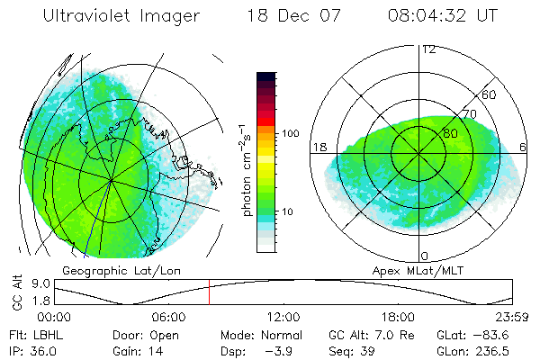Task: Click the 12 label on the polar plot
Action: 428,49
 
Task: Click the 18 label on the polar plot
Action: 319,147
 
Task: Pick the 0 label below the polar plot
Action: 425,256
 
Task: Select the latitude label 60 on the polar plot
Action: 489,94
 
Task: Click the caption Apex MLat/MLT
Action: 420,270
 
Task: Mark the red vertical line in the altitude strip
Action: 209,292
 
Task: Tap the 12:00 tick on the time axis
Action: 284,317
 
